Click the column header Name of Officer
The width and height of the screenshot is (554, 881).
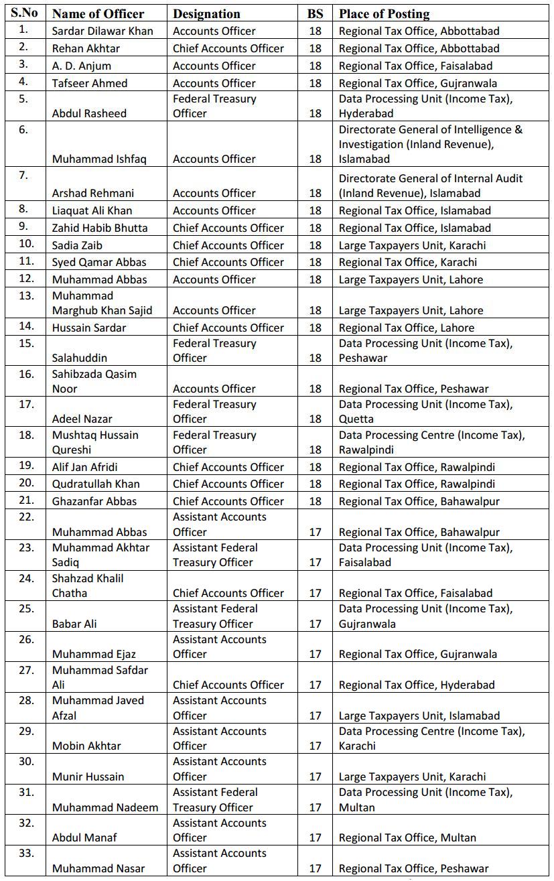(98, 13)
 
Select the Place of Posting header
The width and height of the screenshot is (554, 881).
(384, 13)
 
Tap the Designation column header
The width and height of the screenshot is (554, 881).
(206, 13)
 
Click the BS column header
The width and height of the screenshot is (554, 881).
(315, 13)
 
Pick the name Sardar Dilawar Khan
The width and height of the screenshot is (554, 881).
(102, 31)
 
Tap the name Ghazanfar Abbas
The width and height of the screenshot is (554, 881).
(94, 501)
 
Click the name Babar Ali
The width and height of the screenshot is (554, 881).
(74, 624)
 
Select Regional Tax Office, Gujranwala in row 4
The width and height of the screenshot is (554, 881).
(417, 83)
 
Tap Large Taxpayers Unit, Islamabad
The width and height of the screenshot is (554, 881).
(419, 716)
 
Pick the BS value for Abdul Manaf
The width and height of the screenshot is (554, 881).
(316, 837)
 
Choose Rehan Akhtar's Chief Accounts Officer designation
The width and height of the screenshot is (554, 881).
(228, 48)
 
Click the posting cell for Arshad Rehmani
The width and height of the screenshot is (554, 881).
(430, 186)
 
